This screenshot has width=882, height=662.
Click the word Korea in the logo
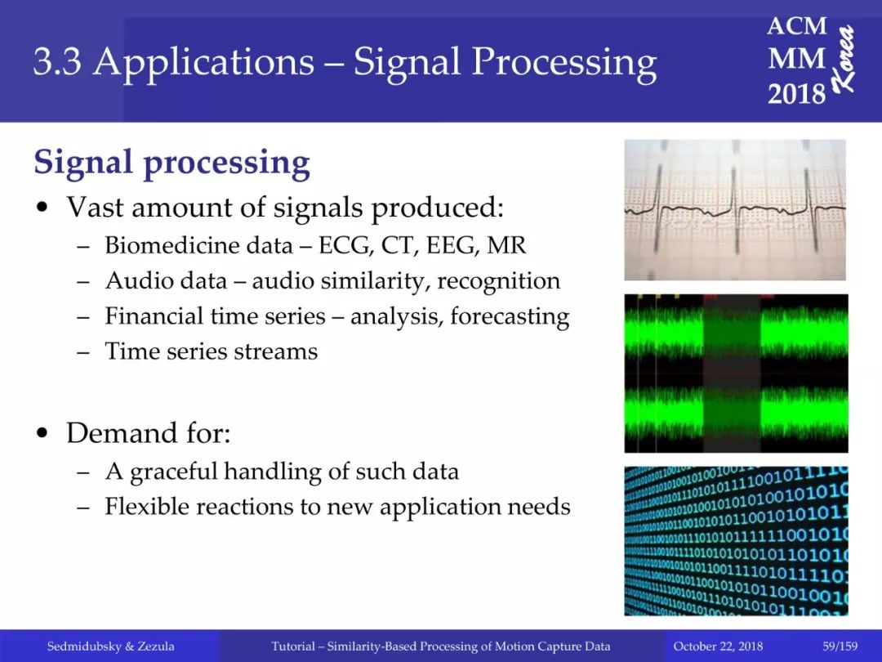click(x=844, y=59)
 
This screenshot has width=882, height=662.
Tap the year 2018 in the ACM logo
click(x=796, y=93)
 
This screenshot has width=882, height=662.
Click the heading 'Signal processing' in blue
click(x=171, y=163)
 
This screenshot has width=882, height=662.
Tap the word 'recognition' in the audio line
click(x=498, y=281)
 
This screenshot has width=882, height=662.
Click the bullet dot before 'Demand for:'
click(x=42, y=434)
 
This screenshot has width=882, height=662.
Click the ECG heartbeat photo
click(x=735, y=210)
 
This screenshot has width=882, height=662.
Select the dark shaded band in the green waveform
click(x=732, y=373)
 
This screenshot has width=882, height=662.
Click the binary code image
click(x=736, y=541)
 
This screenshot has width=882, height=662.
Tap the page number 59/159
click(x=840, y=646)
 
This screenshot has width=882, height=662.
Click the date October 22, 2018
click(x=718, y=646)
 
